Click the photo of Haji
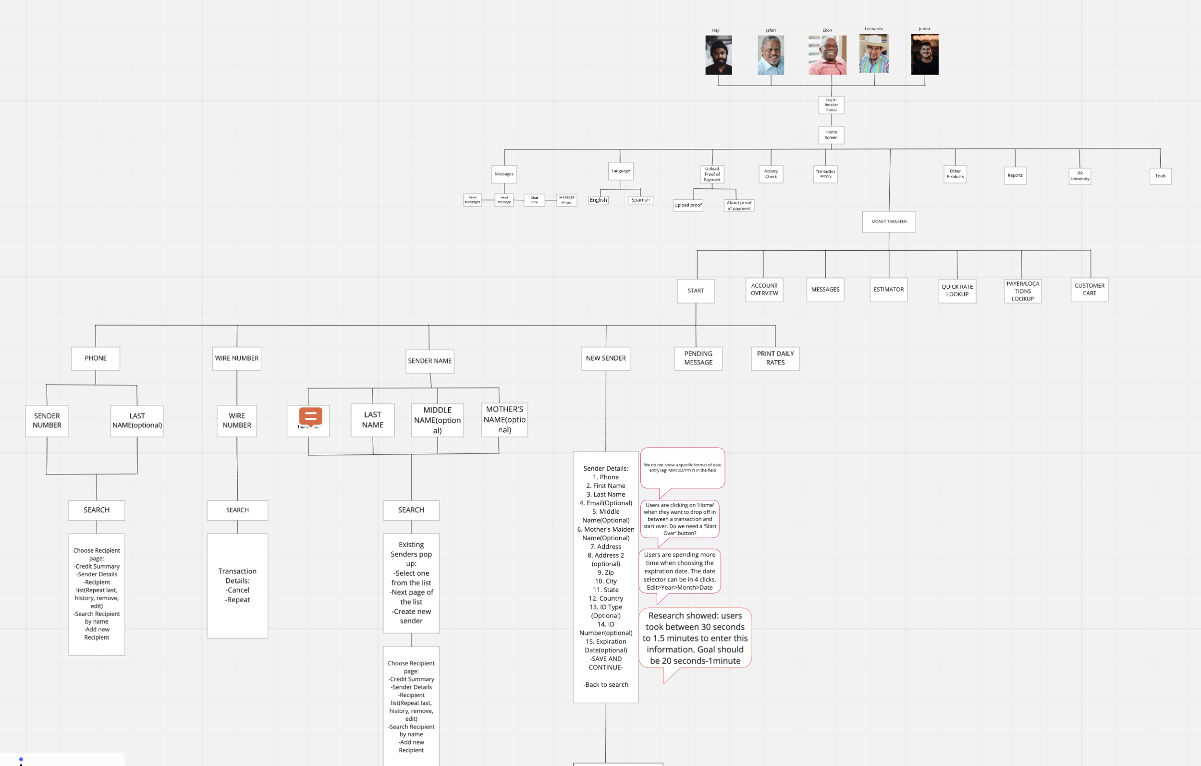pyautogui.click(x=718, y=55)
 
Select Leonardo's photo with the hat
pyautogui.click(x=874, y=54)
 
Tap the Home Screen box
pyautogui.click(x=831, y=134)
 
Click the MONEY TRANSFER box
pyautogui.click(x=889, y=221)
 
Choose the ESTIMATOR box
pyautogui.click(x=888, y=289)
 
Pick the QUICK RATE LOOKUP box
pyautogui.click(x=957, y=290)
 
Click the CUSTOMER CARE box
pyautogui.click(x=1089, y=289)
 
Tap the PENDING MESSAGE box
pyautogui.click(x=698, y=358)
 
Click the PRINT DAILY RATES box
pyautogui.click(x=775, y=358)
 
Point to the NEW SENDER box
pyautogui.click(x=605, y=358)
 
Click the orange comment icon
pyautogui.click(x=310, y=416)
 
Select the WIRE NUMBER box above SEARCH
pyautogui.click(x=236, y=420)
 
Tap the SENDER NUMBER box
pyautogui.click(x=47, y=420)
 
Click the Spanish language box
pyautogui.click(x=640, y=200)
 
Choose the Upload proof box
pyautogui.click(x=688, y=205)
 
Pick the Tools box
pyautogui.click(x=1160, y=176)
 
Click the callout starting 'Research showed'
pyautogui.click(x=695, y=638)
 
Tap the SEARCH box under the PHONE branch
pyautogui.click(x=96, y=510)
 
